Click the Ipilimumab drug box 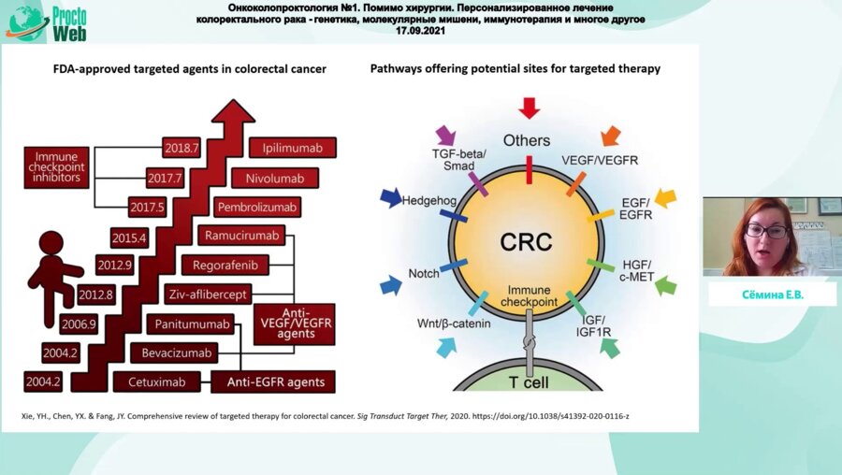(x=293, y=148)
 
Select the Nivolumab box (x=283, y=178)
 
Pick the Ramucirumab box (x=241, y=236)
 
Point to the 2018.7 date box (x=181, y=148)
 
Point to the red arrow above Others (x=529, y=108)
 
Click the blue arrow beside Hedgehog (x=390, y=197)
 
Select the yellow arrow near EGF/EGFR (x=665, y=197)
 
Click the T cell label (x=529, y=381)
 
